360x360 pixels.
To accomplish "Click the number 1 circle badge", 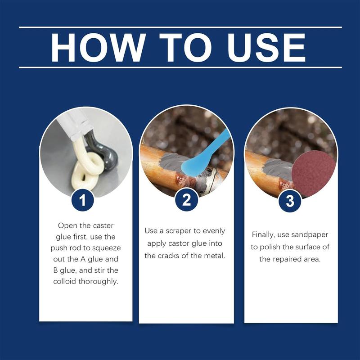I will tap(83, 201).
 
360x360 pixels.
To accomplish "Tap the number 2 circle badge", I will tap(186, 201).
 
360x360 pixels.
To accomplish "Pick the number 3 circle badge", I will tap(290, 201).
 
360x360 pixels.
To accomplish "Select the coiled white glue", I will tap(85, 171).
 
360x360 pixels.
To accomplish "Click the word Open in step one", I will tap(67, 225).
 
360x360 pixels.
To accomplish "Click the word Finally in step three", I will tap(263, 234).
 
